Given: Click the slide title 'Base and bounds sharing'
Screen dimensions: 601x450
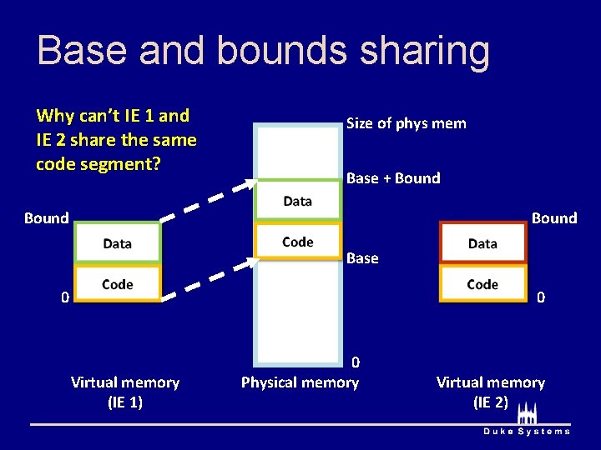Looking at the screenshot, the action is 263,50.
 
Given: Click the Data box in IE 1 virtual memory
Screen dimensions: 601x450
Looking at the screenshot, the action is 118,243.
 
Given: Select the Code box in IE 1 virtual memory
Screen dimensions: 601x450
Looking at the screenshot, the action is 118,284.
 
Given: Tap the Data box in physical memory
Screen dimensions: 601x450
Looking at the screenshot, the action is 298,201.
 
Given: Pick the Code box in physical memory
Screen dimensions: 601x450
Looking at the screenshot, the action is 298,242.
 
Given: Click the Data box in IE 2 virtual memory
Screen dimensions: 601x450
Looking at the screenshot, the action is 482,243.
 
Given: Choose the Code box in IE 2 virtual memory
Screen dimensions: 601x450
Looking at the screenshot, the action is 482,284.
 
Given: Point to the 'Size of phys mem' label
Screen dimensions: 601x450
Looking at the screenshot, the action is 406,123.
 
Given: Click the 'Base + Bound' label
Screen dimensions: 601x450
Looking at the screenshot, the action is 393,178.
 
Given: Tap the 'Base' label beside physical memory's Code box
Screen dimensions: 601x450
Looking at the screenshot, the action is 362,258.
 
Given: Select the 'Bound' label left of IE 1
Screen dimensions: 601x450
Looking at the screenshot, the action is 47,218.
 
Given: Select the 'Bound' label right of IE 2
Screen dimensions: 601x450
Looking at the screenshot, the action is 554,218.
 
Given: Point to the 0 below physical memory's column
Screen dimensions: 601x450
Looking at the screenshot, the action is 356,362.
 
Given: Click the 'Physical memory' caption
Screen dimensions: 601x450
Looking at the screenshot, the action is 300,382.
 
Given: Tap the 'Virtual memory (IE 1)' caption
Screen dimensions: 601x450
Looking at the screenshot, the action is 125,392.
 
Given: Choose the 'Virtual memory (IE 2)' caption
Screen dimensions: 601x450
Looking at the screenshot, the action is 490,392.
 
